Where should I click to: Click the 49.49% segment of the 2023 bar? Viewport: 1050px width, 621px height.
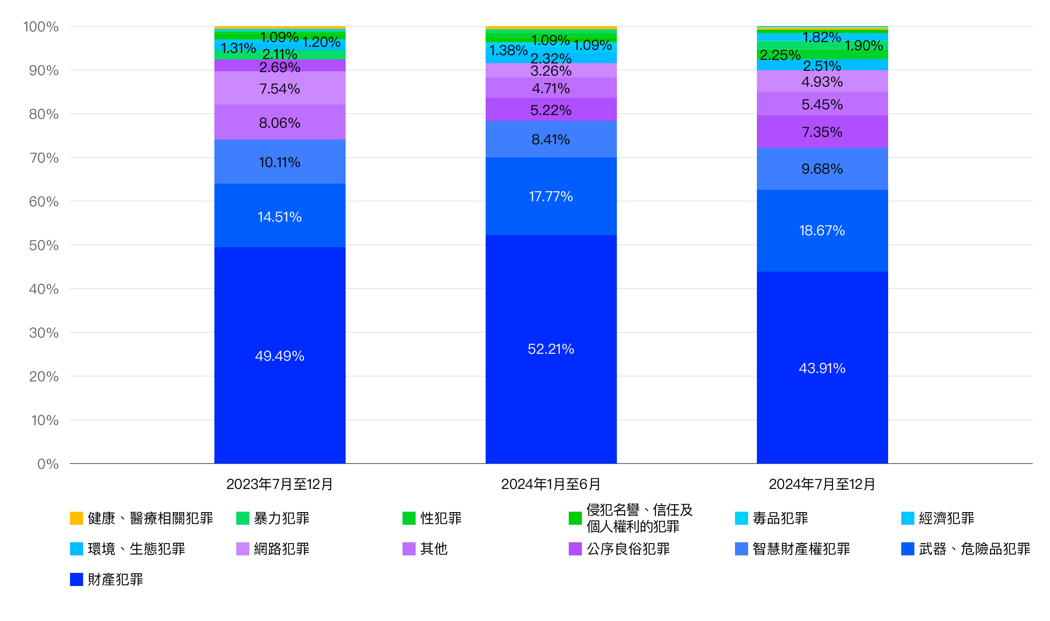(x=280, y=356)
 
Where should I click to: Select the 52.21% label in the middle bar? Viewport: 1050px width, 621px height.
(x=551, y=349)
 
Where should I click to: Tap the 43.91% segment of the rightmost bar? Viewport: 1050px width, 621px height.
(x=822, y=368)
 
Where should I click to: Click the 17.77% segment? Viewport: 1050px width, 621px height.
(x=551, y=196)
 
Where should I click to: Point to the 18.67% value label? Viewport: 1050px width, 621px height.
(x=822, y=230)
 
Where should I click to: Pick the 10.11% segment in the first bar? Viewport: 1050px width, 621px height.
(x=280, y=162)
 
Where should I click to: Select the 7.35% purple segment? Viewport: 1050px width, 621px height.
(x=822, y=132)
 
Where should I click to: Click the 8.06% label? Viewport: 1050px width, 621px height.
(x=280, y=123)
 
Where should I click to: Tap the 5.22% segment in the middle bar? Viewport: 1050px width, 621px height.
(x=551, y=110)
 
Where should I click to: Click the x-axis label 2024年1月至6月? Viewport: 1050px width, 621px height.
(x=551, y=484)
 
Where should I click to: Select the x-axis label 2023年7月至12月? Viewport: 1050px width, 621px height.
(x=280, y=484)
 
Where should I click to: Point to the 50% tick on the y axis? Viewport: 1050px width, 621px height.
(x=44, y=245)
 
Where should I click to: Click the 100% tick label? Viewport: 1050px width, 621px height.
(x=41, y=27)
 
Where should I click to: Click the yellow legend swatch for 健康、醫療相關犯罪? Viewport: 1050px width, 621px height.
(x=77, y=518)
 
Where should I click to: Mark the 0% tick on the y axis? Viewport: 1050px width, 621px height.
(x=48, y=464)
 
